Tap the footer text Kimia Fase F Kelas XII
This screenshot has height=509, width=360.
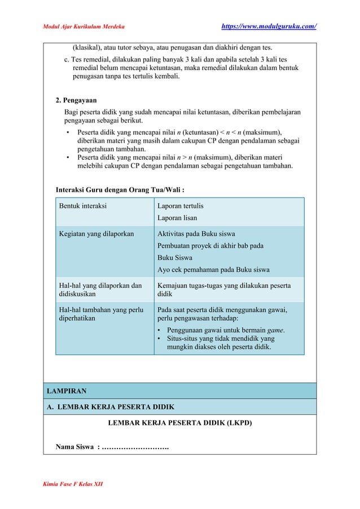click(x=73, y=485)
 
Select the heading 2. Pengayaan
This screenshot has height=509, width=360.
click(x=76, y=101)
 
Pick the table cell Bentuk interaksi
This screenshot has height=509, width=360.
click(x=83, y=207)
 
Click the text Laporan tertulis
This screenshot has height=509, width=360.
click(x=181, y=207)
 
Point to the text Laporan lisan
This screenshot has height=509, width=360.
click(x=177, y=218)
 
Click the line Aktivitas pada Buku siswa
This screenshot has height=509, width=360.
click(x=196, y=234)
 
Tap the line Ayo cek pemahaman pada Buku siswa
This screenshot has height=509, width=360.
click(x=213, y=269)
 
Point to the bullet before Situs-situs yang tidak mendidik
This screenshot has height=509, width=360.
click(x=161, y=339)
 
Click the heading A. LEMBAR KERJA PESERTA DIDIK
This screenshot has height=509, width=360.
click(x=110, y=407)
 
